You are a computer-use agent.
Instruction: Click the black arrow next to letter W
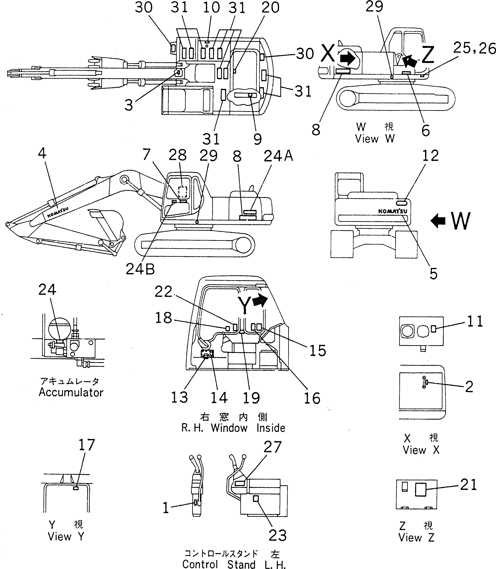[x=438, y=221]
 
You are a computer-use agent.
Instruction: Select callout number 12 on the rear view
[x=430, y=156]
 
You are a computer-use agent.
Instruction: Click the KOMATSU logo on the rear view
[x=392, y=211]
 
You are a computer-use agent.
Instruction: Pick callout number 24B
[x=140, y=269]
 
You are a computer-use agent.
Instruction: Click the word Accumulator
[x=71, y=392]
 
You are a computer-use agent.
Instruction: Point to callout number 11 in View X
[x=475, y=321]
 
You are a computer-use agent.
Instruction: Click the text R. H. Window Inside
[x=233, y=428]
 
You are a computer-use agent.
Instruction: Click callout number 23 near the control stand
[x=278, y=536]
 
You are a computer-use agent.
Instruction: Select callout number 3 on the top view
[x=129, y=105]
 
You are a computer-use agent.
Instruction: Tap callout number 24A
[x=278, y=156]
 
